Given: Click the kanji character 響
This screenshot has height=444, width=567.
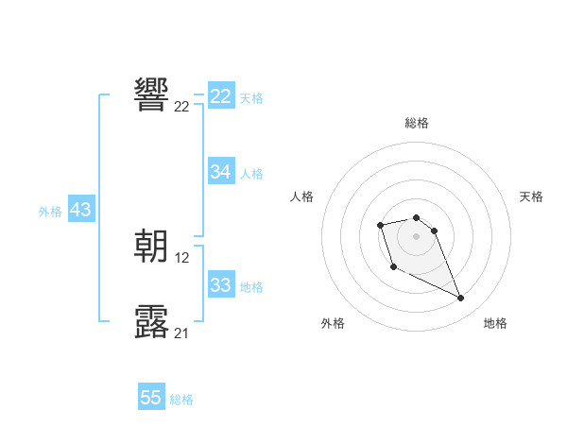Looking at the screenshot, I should [x=152, y=94].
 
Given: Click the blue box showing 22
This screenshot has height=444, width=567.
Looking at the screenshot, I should [x=221, y=96].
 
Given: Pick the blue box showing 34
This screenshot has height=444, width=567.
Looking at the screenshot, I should [x=221, y=172].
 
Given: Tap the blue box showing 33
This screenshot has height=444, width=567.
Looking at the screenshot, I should [x=221, y=285].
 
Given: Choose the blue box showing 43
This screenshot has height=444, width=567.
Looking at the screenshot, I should [x=80, y=210].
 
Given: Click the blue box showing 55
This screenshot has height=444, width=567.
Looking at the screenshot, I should [x=151, y=398].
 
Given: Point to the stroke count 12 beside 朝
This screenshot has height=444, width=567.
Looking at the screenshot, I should [x=182, y=258].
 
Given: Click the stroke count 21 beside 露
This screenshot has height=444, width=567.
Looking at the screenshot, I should [x=181, y=333].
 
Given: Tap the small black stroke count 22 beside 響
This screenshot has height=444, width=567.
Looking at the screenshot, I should [x=181, y=107].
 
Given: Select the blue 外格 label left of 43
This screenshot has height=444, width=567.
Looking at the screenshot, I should [x=50, y=212].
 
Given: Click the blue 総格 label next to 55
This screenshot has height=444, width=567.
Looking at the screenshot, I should [x=181, y=400].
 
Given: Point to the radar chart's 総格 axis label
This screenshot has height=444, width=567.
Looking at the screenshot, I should [x=417, y=123].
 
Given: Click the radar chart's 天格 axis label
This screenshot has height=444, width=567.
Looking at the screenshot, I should [x=531, y=196].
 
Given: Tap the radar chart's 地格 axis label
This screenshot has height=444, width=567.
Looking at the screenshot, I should [x=495, y=323].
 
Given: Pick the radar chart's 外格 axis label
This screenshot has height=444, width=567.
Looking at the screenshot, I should [x=333, y=323].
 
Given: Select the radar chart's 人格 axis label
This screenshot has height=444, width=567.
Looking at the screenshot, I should [x=302, y=196].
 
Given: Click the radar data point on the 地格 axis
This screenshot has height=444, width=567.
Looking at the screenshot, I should [x=460, y=299].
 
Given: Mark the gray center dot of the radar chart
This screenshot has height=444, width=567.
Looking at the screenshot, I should [x=417, y=235].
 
